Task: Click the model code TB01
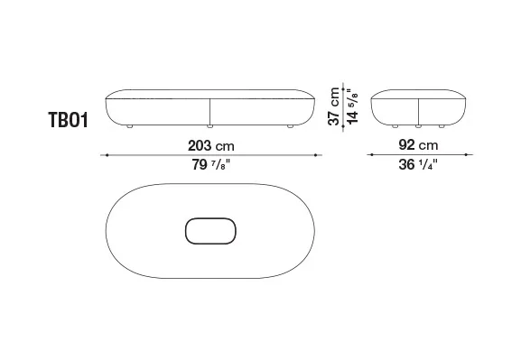click(x=69, y=120)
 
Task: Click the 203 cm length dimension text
click(x=211, y=146)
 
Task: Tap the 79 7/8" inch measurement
click(x=211, y=164)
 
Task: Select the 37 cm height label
click(x=333, y=106)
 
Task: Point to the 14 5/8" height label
click(x=352, y=106)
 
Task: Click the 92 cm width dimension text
click(x=418, y=145)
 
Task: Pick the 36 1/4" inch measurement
click(x=418, y=164)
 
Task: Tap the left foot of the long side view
click(x=130, y=126)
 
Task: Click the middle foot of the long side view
click(x=209, y=126)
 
